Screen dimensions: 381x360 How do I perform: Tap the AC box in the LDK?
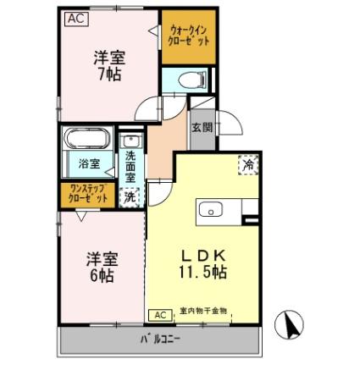158,315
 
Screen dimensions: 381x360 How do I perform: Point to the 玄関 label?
202,129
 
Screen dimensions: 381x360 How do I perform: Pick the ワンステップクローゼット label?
88,194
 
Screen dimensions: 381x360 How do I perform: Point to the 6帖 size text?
100,277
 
